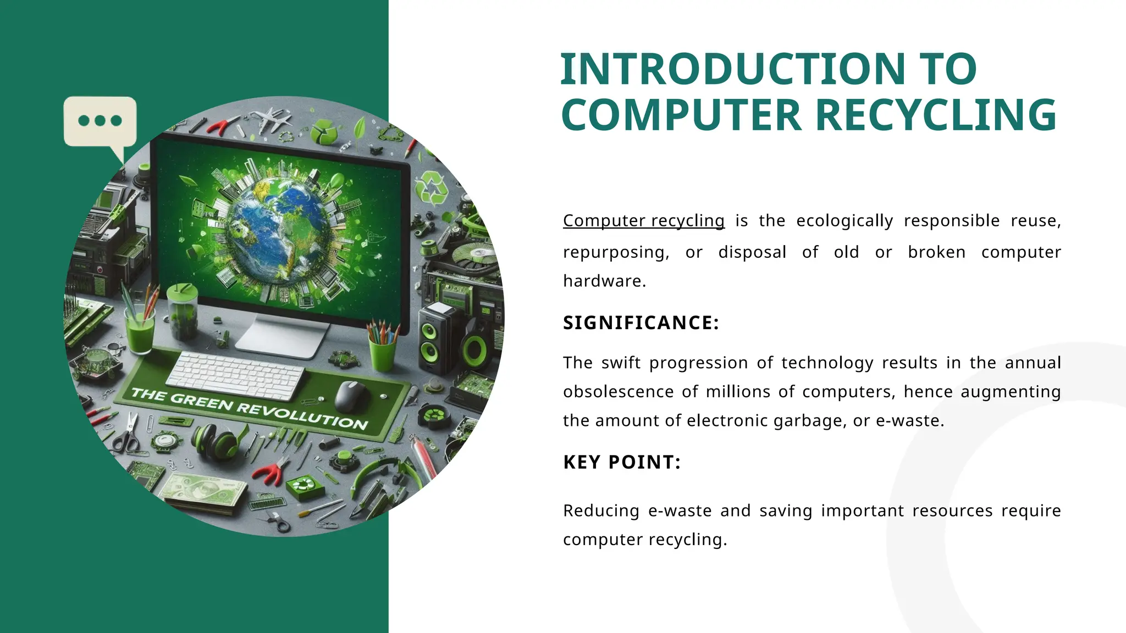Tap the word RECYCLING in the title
[x=935, y=115]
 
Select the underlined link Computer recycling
[x=643, y=220]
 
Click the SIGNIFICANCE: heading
[x=641, y=323]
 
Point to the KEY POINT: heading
[x=622, y=462]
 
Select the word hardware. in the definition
[x=604, y=281]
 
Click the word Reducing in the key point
[x=601, y=510]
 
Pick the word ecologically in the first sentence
[x=844, y=220]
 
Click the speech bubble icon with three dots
[x=100, y=121]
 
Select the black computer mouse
[x=351, y=395]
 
